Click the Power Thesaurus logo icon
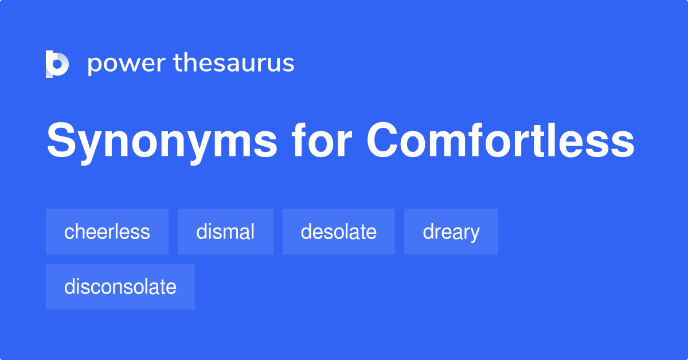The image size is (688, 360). tap(57, 64)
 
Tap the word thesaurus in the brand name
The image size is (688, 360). tap(234, 63)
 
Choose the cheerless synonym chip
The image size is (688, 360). tap(107, 232)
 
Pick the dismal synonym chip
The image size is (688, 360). tap(225, 232)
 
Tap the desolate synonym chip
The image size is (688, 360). tap(339, 232)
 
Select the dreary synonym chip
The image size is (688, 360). tap(451, 232)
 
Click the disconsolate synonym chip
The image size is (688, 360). tap(120, 287)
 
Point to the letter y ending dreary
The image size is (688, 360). tap(475, 234)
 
